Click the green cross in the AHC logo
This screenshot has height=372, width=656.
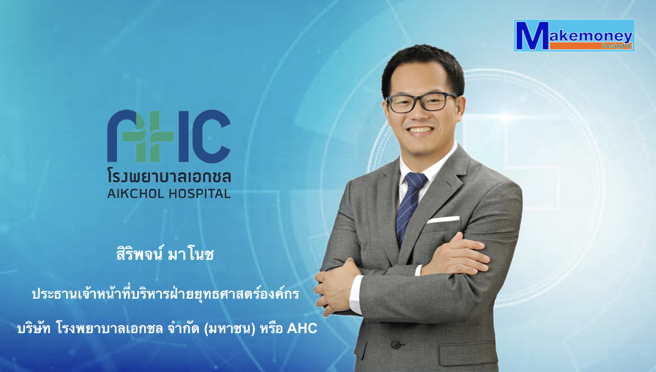pos(147,136)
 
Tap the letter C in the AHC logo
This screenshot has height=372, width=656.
pos(212,136)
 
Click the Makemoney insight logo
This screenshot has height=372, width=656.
pos(574,36)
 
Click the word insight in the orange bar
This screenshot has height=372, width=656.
pos(617,46)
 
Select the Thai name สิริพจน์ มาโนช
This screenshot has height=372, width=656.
pos(165,254)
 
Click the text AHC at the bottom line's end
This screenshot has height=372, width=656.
pos(302,328)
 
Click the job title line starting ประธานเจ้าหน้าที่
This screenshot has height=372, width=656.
pos(166,293)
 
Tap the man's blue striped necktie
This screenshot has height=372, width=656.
pos(410,205)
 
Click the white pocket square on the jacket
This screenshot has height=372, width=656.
pos(443,219)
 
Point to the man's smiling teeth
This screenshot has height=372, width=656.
pos(420,130)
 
